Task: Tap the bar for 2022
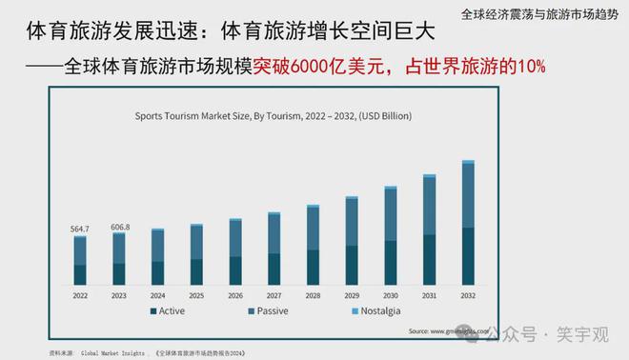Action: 80,260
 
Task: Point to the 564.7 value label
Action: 80,229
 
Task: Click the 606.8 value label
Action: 119,227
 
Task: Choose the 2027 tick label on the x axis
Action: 274,296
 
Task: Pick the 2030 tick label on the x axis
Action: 391,296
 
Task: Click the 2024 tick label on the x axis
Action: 157,296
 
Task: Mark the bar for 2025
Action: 196,254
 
